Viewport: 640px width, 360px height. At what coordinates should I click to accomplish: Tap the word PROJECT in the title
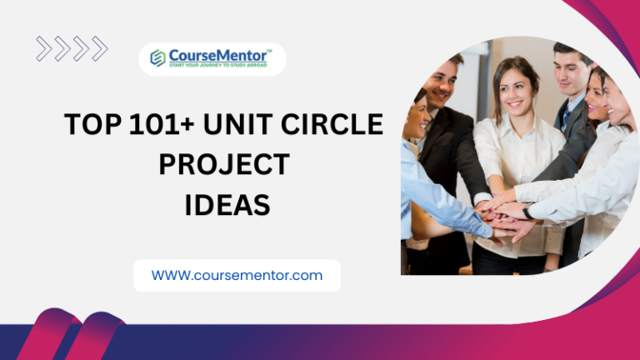(223, 164)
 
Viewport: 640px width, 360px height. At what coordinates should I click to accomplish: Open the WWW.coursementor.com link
(237, 275)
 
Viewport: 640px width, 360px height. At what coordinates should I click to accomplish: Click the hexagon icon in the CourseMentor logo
(157, 57)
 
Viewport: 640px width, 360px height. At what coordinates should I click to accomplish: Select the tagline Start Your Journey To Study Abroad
(218, 65)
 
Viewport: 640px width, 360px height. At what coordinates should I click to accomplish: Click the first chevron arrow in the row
(43, 48)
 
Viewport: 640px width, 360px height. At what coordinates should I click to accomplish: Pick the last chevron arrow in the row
(99, 48)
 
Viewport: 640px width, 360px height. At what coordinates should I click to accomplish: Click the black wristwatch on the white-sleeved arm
(527, 213)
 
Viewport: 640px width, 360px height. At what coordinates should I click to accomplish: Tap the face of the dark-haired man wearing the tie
(572, 70)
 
